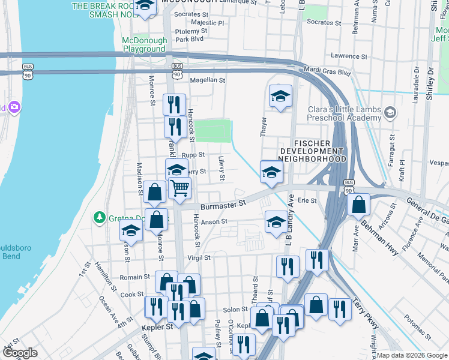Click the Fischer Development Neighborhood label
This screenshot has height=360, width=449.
(312, 151)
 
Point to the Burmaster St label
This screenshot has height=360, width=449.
(224, 204)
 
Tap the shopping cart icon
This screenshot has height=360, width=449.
(179, 188)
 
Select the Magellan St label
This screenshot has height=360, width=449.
(207, 80)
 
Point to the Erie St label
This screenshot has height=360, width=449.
(307, 200)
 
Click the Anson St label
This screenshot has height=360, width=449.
(214, 221)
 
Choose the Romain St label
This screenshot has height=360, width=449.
(135, 277)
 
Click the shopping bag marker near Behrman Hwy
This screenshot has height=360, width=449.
(358, 205)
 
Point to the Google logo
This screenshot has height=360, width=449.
(20, 353)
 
